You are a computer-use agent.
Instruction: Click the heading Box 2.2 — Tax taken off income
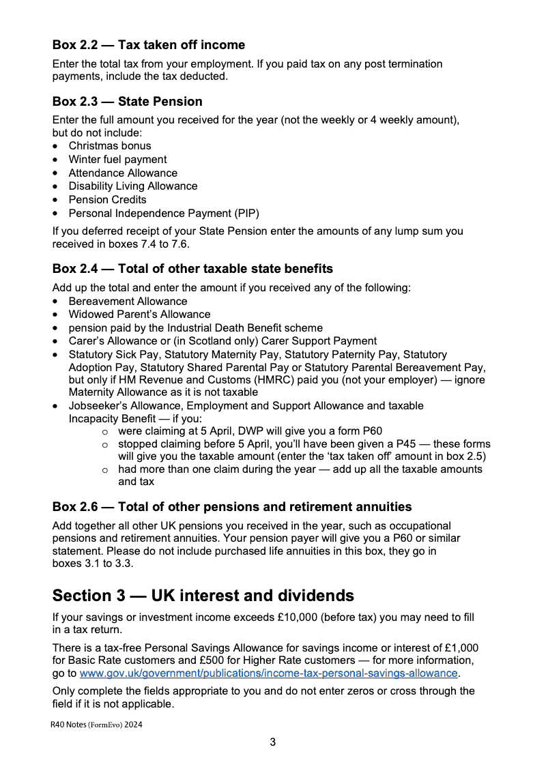(148, 45)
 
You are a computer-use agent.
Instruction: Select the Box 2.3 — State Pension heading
(127, 102)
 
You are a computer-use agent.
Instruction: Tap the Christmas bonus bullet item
(109, 146)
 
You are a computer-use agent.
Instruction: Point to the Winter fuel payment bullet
(117, 160)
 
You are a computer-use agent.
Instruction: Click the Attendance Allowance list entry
(123, 173)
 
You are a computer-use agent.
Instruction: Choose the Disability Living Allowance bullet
(132, 186)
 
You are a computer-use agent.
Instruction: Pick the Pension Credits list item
(107, 200)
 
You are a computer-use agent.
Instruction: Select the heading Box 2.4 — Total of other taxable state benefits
(192, 268)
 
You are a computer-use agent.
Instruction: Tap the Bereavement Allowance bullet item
(128, 302)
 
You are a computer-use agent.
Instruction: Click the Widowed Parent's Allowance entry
(139, 315)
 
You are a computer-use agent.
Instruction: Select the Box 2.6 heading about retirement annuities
(232, 507)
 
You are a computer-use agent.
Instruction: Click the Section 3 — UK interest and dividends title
(203, 596)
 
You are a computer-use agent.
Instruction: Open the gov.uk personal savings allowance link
(268, 673)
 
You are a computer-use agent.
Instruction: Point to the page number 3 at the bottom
(273, 742)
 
